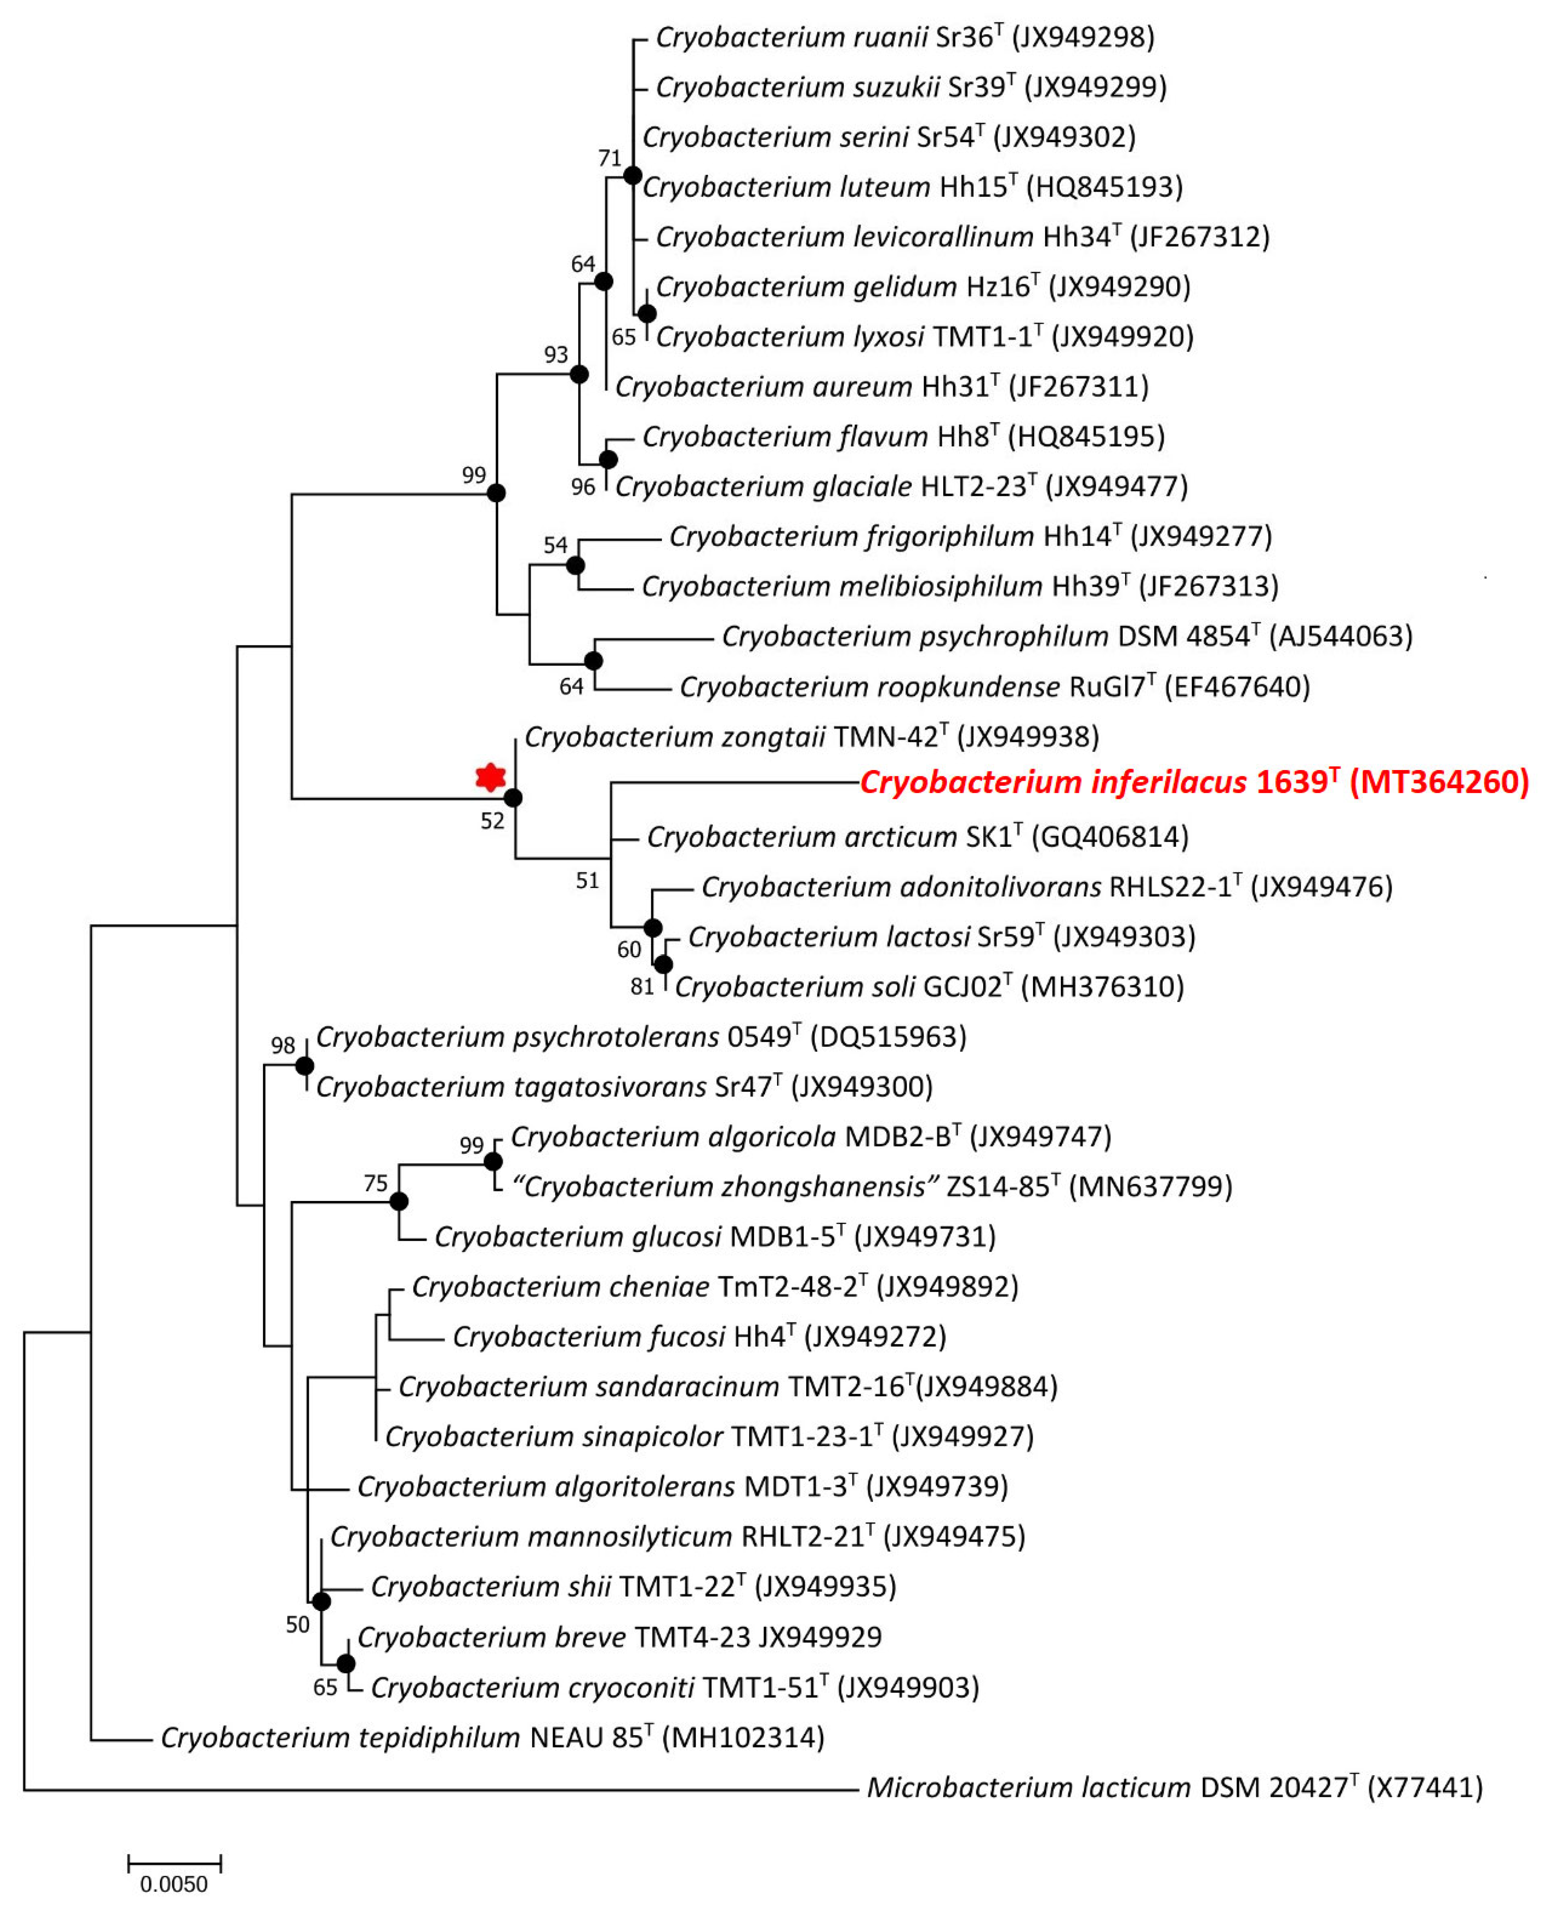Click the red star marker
click(490, 777)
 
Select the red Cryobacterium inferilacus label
click(1193, 782)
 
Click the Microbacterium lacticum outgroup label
click(1174, 1787)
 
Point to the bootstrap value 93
click(556, 354)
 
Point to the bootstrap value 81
click(642, 986)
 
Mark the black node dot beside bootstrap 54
click(575, 565)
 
